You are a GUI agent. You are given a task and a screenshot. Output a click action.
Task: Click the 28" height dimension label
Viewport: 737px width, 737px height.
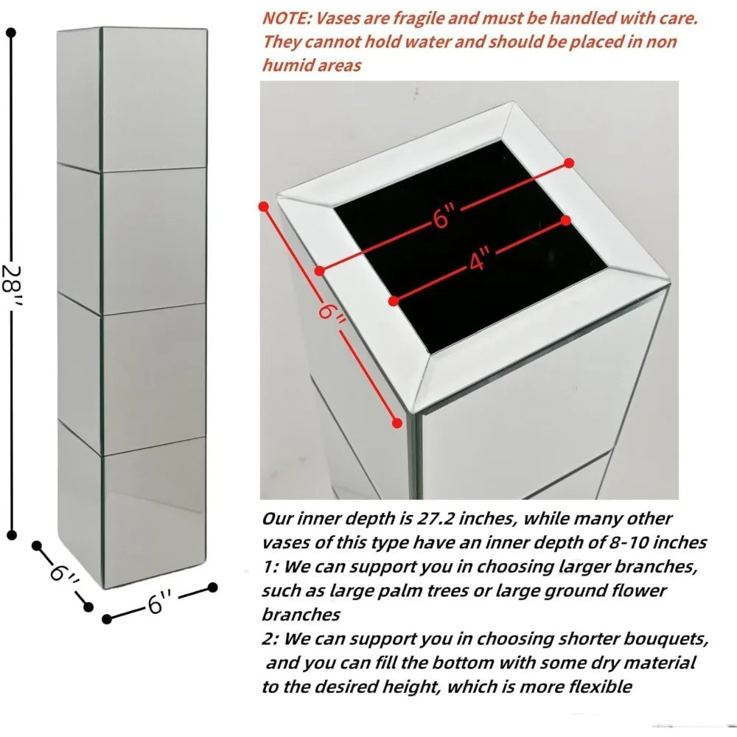(x=11, y=284)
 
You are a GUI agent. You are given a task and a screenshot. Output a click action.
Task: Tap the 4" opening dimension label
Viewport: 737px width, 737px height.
(x=479, y=260)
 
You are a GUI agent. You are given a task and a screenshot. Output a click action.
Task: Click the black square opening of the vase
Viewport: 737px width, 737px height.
(x=470, y=246)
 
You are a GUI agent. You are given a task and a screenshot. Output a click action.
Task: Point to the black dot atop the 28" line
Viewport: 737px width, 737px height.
(x=12, y=32)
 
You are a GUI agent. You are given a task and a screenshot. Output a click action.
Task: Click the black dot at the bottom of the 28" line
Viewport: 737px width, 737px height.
(x=12, y=535)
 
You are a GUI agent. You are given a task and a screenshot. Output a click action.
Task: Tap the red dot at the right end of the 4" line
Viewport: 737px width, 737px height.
(x=566, y=220)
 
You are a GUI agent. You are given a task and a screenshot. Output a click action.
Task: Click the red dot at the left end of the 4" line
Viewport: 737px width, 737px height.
(x=394, y=301)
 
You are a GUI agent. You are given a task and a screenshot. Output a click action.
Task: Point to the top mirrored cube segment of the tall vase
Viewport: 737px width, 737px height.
(x=132, y=99)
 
